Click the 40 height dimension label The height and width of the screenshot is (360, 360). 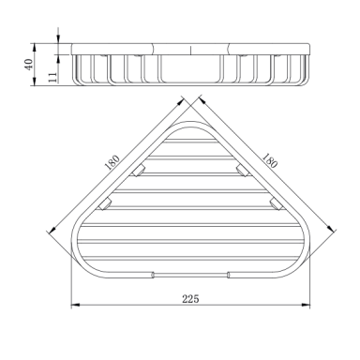(x=28, y=65)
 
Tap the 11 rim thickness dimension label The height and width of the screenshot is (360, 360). (x=52, y=77)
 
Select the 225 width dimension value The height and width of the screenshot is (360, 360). (x=190, y=299)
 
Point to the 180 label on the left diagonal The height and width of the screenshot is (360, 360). (x=112, y=162)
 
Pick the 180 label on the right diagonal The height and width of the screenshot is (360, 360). (x=269, y=160)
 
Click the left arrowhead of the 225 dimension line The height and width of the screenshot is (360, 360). (x=76, y=304)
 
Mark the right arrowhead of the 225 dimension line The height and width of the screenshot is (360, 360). (x=306, y=304)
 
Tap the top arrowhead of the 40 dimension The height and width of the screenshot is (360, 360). (x=35, y=48)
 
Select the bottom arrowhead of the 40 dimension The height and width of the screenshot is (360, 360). (x=35, y=81)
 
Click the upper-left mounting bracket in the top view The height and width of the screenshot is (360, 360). (x=138, y=172)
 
